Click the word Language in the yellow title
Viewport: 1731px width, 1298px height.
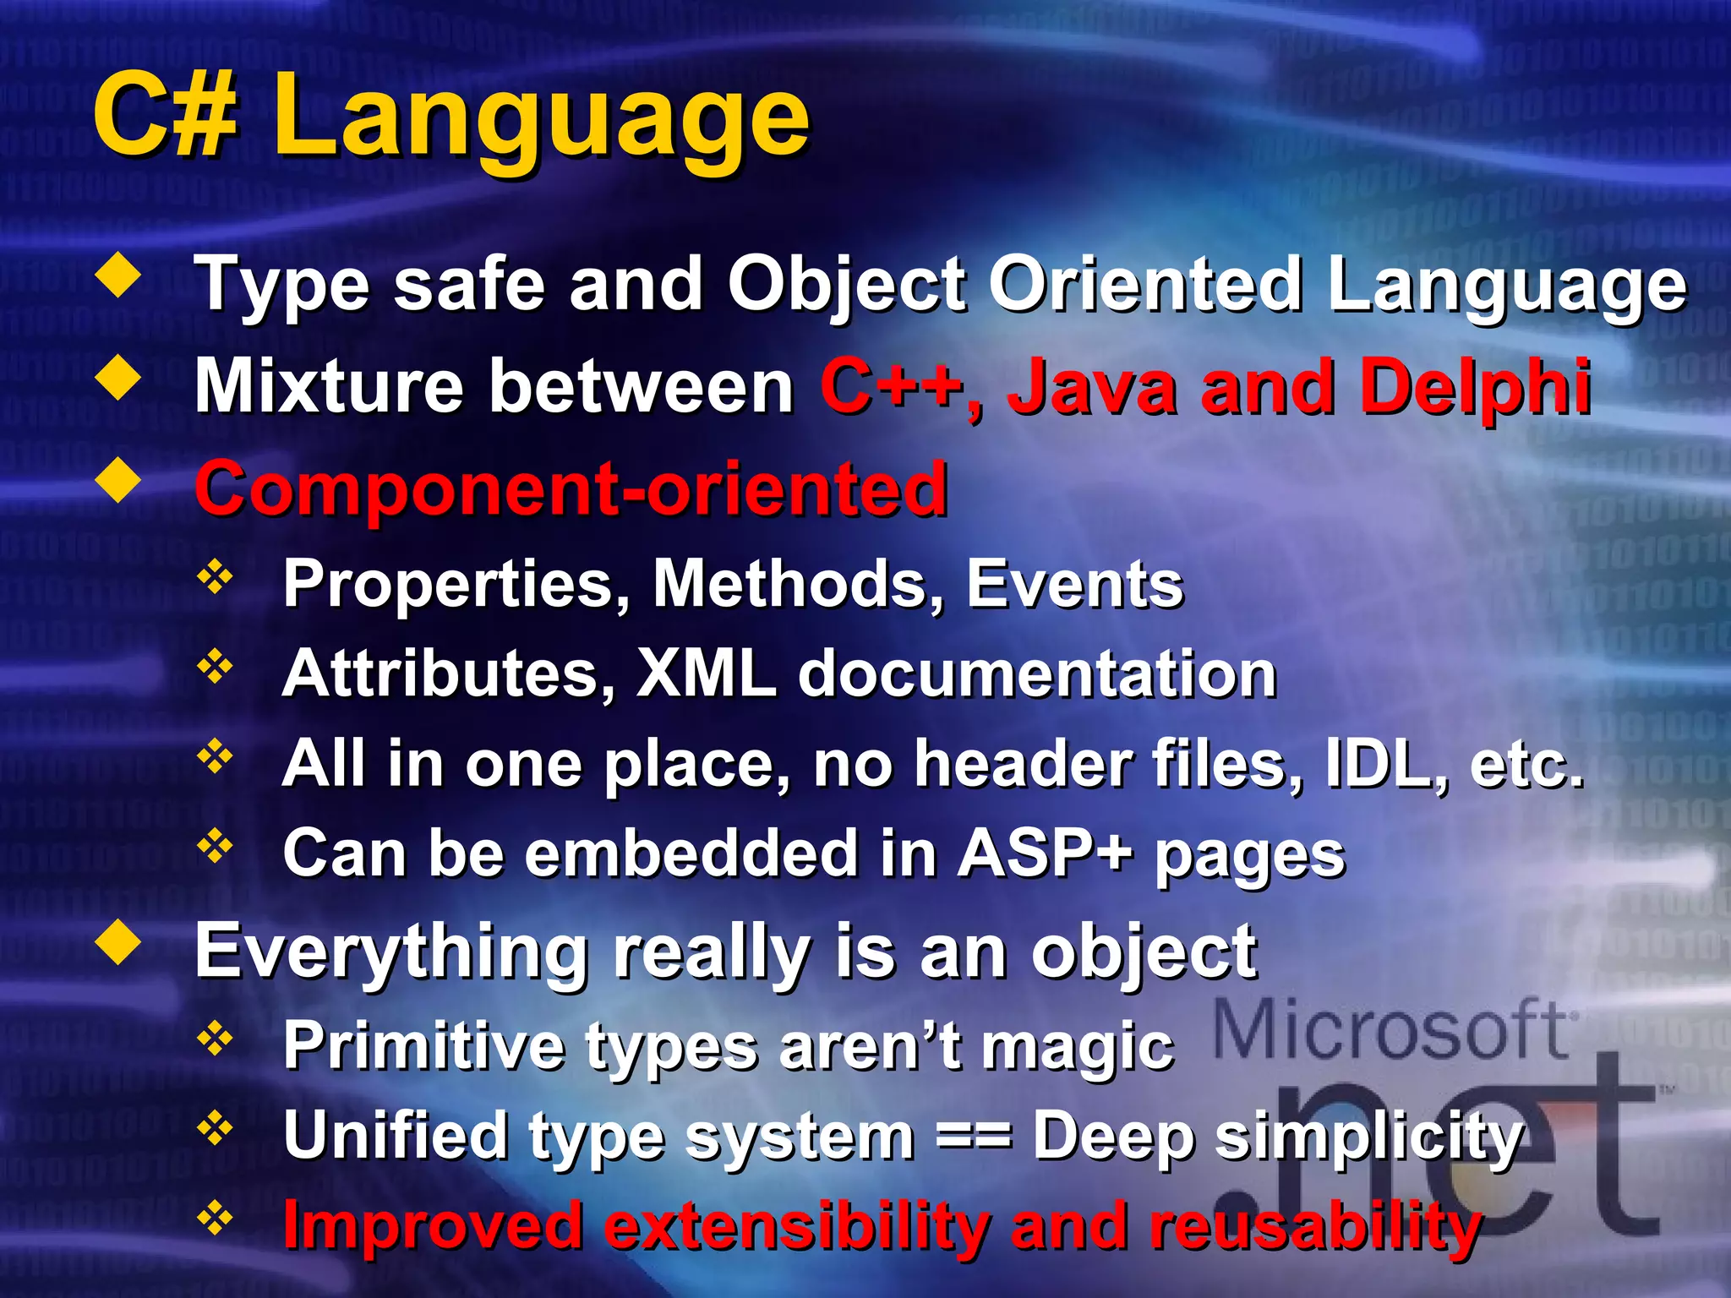click(541, 118)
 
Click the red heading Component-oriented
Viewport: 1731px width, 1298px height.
click(571, 490)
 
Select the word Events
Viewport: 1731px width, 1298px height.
click(1074, 584)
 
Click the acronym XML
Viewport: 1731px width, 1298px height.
click(707, 674)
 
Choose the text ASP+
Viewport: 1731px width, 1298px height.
click(1045, 853)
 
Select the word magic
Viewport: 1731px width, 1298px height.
click(1078, 1046)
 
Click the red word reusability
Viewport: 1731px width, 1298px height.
click(1315, 1226)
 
